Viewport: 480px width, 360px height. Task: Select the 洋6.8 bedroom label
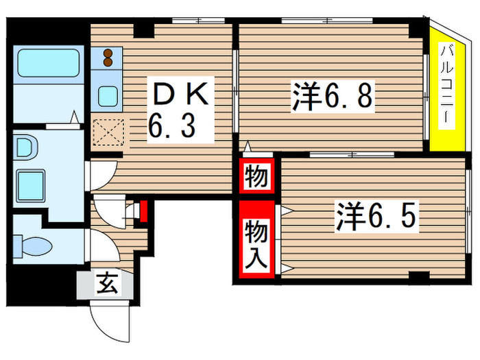click(x=332, y=97)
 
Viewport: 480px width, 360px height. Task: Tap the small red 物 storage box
click(x=256, y=178)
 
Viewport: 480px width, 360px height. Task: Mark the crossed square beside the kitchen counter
click(x=107, y=132)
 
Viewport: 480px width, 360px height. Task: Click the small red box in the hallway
click(x=143, y=211)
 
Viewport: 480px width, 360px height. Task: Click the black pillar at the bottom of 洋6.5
click(x=419, y=276)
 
